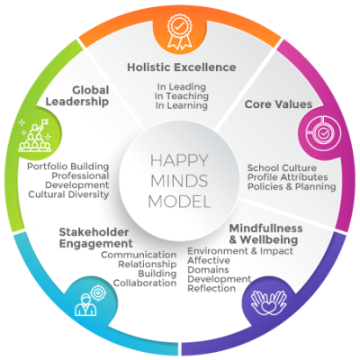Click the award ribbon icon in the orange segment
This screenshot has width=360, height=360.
(x=179, y=31)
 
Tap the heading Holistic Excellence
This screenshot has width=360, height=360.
(x=182, y=67)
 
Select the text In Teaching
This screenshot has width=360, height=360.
(x=182, y=96)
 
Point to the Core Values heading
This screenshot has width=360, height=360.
(x=278, y=104)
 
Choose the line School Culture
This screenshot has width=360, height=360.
(x=282, y=167)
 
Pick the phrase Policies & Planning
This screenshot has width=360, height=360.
(x=292, y=186)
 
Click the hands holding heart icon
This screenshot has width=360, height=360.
(x=268, y=302)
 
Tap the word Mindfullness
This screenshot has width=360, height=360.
(x=265, y=229)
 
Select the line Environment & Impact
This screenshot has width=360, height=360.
(x=240, y=251)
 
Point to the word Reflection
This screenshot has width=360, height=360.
(x=211, y=288)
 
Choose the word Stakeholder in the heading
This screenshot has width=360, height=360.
(x=94, y=232)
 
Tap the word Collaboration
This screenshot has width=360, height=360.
(x=145, y=283)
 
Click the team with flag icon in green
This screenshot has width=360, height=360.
(x=35, y=135)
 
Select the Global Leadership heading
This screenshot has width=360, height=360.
(x=77, y=95)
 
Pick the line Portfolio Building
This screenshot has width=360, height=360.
(x=68, y=166)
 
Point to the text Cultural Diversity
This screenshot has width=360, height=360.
(x=68, y=194)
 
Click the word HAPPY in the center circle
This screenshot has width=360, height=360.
(x=179, y=160)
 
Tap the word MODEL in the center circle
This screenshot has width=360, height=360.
(x=179, y=202)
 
